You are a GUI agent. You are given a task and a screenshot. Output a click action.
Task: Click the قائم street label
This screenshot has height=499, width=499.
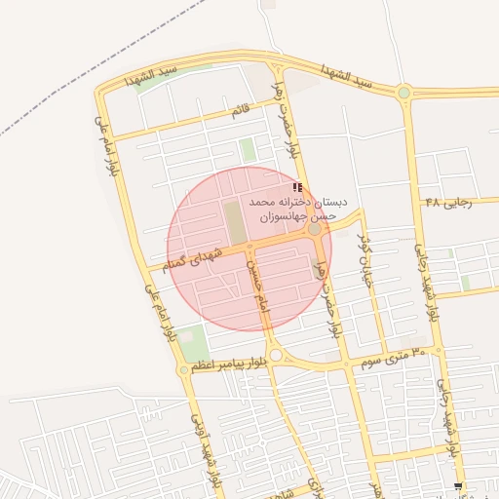pyautogui.click(x=241, y=110)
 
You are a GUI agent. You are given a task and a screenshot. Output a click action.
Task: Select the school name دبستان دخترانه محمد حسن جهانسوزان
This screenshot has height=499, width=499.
pyautogui.click(x=292, y=208)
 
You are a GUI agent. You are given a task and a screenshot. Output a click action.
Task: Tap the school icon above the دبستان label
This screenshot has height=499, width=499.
pyautogui.click(x=297, y=186)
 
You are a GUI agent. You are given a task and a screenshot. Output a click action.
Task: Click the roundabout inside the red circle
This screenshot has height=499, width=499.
pyautogui.click(x=314, y=230)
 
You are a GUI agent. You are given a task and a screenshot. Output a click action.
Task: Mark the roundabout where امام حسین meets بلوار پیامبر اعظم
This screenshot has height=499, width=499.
pyautogui.click(x=276, y=356)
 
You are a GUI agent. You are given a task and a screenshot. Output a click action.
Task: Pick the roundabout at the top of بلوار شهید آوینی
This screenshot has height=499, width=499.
pyautogui.click(x=184, y=369)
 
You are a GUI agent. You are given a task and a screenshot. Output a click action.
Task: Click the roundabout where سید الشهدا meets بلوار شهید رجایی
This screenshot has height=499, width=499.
pyautogui.click(x=403, y=93)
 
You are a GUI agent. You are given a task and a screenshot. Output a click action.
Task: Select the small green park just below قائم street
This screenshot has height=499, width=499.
pyautogui.click(x=248, y=150)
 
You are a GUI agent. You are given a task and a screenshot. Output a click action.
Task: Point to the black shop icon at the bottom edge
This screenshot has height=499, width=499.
pyautogui.click(x=458, y=486)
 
